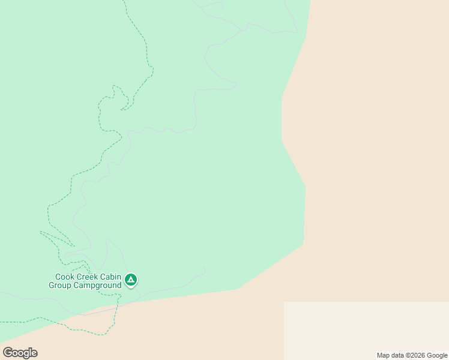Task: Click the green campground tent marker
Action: click(x=131, y=279)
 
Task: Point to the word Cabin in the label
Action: click(x=112, y=277)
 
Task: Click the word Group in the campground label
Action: click(x=61, y=286)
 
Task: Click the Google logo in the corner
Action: click(x=20, y=353)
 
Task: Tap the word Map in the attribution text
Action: click(x=384, y=355)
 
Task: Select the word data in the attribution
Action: click(x=400, y=355)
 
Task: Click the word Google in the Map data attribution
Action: click(x=438, y=355)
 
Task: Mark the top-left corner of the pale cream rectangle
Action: click(x=284, y=302)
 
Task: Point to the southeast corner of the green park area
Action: click(x=303, y=244)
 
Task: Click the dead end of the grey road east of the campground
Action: click(x=205, y=268)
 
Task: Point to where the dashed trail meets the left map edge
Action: click(x=1, y=323)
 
